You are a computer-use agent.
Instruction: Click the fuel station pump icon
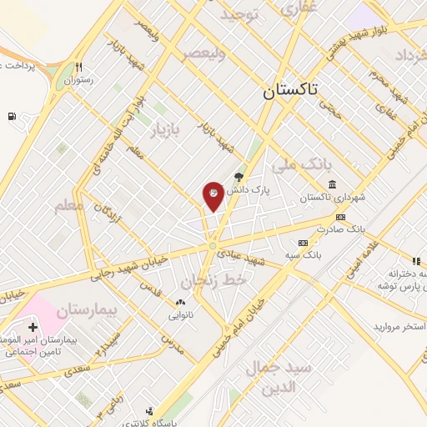12,116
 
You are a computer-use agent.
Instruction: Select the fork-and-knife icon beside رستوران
78,67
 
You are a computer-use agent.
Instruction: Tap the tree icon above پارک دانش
239,176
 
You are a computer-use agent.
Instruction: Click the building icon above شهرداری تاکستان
332,184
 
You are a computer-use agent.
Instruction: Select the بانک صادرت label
344,228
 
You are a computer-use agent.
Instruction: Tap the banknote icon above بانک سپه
303,242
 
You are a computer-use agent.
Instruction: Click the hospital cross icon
32,327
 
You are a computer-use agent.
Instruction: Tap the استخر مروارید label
400,324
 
